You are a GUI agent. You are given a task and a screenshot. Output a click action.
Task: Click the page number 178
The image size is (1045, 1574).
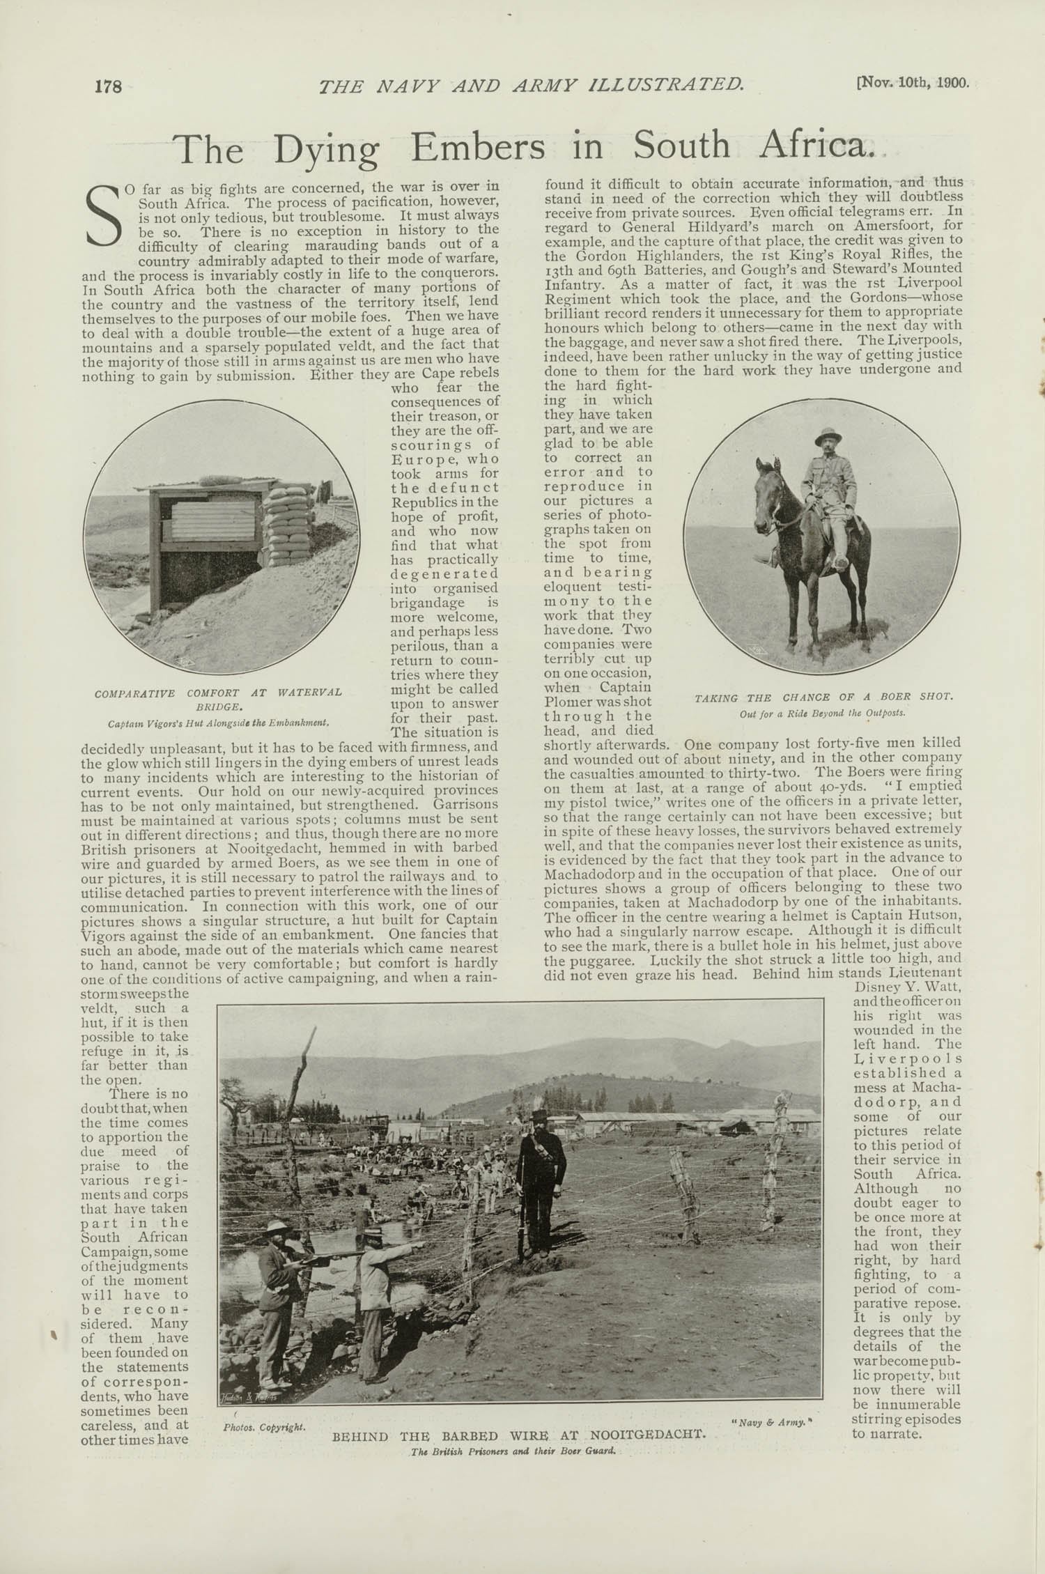pos(109,86)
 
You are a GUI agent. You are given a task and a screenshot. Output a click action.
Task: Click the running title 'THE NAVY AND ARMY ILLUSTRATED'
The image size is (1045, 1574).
pos(531,86)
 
